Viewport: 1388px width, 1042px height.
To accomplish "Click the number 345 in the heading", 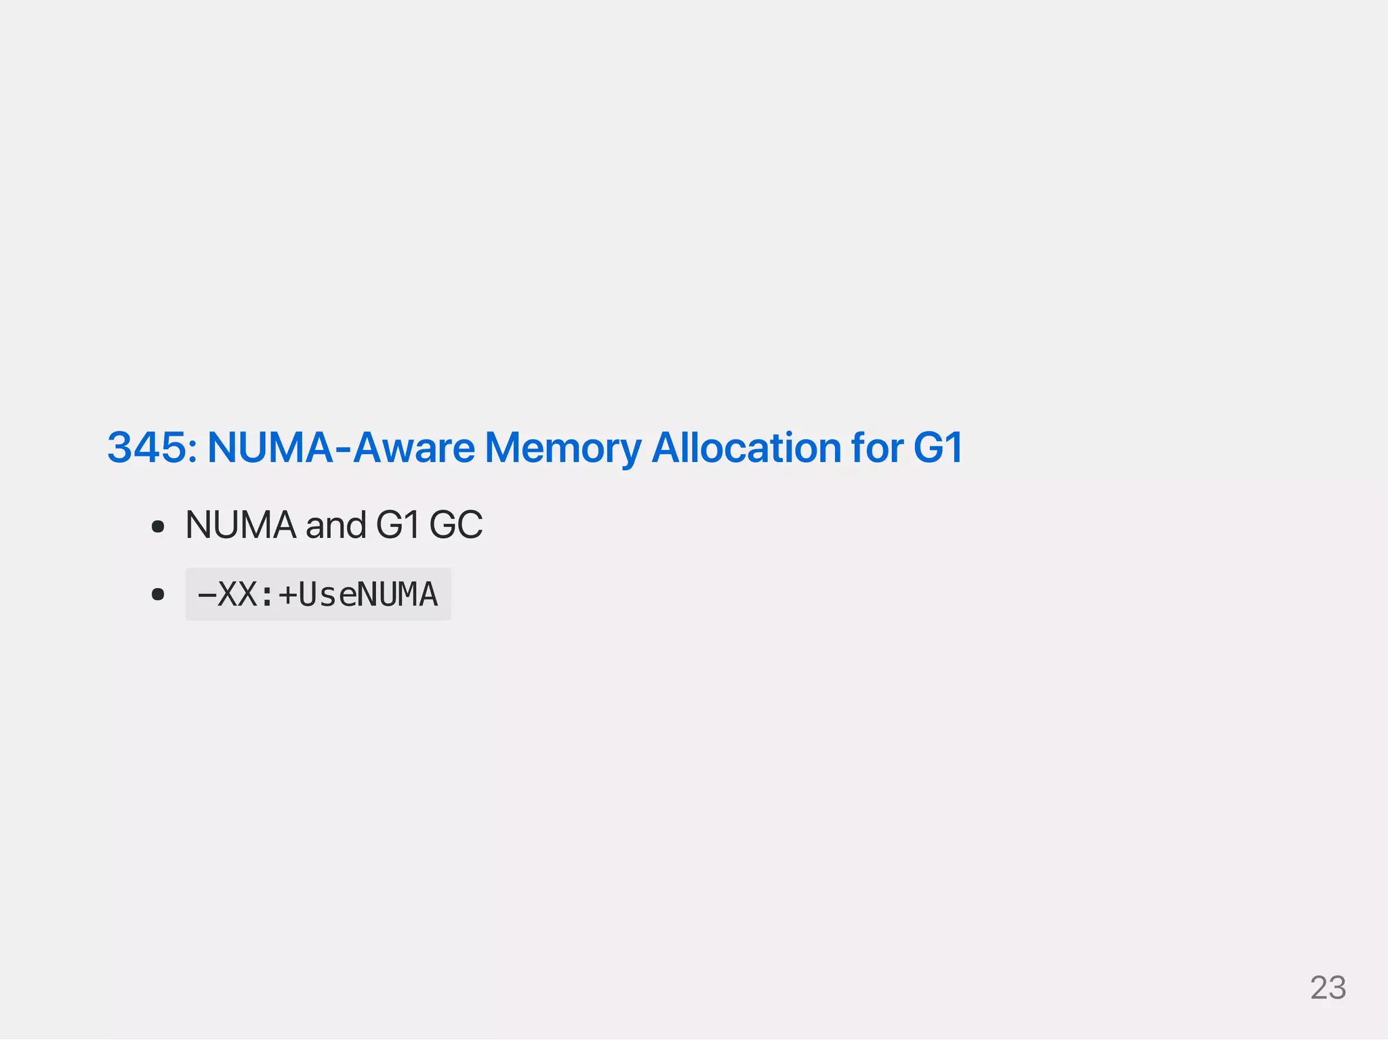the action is click(x=147, y=448).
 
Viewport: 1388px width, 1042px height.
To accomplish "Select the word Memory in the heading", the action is click(x=563, y=448).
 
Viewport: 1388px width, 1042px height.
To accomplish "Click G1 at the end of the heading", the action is click(x=939, y=448).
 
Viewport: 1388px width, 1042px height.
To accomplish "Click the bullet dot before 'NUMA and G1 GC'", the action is click(x=158, y=526).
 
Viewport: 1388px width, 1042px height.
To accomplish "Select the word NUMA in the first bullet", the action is click(x=241, y=525).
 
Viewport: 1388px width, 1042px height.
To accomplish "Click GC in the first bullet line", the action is click(x=456, y=525).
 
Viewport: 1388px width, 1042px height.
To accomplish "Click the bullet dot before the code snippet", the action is click(x=158, y=595).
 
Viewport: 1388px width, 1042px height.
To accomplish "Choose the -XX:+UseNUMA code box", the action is click(x=318, y=594).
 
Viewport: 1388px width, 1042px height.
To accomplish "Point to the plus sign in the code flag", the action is click(x=287, y=595).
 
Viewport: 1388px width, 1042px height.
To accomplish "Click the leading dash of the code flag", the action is click(x=206, y=595).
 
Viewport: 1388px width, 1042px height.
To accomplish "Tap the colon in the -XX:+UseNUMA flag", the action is click(x=266, y=595).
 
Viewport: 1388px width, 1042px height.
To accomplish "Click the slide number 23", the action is click(x=1328, y=988).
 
